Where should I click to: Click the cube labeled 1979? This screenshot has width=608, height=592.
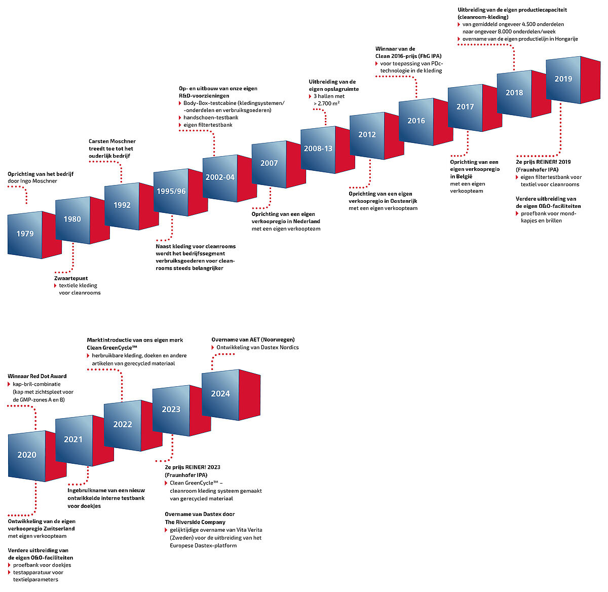coord(25,234)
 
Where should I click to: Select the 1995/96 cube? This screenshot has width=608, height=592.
coord(171,192)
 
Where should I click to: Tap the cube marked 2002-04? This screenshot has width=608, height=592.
coord(220,177)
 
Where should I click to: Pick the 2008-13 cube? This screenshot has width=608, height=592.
coord(318,149)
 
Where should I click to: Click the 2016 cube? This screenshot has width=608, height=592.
coord(416,121)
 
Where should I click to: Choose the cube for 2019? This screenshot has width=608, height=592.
coord(563,79)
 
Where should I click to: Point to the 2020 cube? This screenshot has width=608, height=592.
coord(27,455)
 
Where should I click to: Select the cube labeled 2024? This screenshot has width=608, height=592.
coord(220,394)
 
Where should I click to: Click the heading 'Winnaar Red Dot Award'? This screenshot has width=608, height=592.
coord(37,376)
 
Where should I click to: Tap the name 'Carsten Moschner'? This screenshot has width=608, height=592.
coord(112,141)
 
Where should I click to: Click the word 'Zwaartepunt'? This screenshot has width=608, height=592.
coord(71,278)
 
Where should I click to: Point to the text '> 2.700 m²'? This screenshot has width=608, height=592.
coord(327,103)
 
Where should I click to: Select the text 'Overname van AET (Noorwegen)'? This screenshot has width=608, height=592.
coord(253,340)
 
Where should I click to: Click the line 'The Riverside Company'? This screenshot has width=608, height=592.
coord(195,522)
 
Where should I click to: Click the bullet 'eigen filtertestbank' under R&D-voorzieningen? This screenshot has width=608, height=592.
coord(208,125)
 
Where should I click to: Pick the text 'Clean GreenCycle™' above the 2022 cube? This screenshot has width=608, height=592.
coord(112,348)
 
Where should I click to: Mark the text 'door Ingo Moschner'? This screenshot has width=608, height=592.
coord(32,181)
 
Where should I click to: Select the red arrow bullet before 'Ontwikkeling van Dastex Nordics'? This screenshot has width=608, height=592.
coord(213,348)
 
